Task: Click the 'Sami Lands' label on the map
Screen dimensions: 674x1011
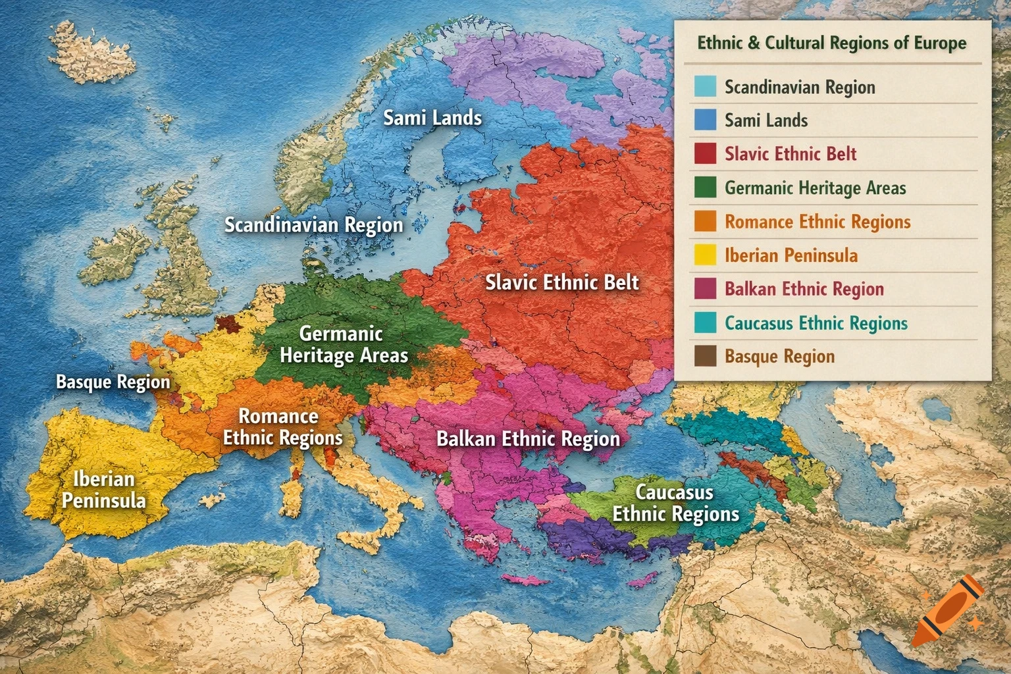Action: (432, 118)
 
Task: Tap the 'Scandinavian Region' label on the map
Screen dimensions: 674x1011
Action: (313, 225)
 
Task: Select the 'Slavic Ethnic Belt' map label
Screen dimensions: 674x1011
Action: (562, 283)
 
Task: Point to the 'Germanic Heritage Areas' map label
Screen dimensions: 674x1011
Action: (344, 344)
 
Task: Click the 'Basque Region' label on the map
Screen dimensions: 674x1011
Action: (113, 382)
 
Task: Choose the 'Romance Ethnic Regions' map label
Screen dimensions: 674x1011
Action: (282, 427)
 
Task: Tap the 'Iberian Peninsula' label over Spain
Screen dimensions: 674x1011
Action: (103, 490)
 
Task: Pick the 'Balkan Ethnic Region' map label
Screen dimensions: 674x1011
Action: (528, 439)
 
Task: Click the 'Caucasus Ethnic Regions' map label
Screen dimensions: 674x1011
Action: (675, 503)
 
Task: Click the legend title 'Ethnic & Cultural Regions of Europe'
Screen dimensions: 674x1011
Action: (832, 43)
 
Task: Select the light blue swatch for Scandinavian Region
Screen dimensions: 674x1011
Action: (705, 87)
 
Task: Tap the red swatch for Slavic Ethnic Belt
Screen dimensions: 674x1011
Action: (705, 154)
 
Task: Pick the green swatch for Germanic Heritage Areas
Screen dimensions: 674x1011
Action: (705, 188)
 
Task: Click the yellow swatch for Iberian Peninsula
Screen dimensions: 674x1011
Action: (705, 255)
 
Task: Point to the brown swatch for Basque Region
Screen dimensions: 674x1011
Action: (705, 356)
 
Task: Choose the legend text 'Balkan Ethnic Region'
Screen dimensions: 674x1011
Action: (804, 289)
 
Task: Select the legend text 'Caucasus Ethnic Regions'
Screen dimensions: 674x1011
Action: (816, 323)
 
